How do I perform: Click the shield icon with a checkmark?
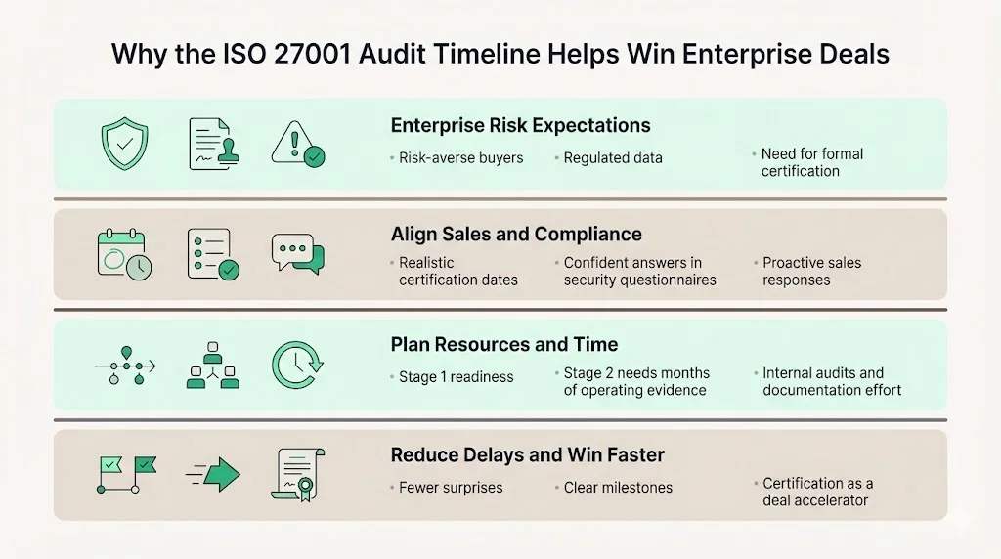(124, 145)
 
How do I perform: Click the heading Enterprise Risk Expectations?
(520, 125)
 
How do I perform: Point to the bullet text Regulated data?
(613, 157)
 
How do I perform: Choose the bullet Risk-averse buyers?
(460, 157)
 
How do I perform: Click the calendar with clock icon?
(124, 254)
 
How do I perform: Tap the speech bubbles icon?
(297, 254)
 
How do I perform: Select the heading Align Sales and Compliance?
(516, 235)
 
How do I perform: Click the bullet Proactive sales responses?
(810, 271)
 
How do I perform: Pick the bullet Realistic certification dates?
(457, 271)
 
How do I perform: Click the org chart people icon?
(212, 365)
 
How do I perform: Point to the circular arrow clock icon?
(294, 365)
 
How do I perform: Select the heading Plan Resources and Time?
(504, 344)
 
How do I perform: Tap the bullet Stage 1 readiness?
(456, 377)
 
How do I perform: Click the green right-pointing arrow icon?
(213, 475)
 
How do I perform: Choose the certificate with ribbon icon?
(296, 475)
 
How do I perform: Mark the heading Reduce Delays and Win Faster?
(527, 454)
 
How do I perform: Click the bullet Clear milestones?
(618, 487)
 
